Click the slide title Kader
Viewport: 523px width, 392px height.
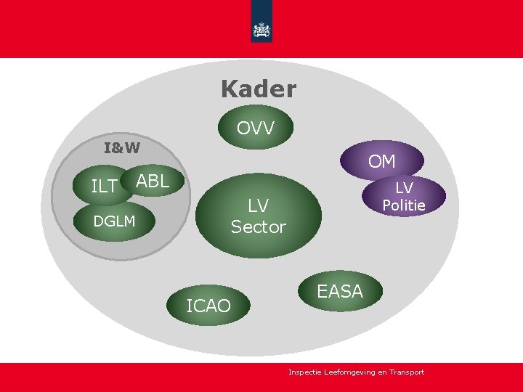[x=259, y=89]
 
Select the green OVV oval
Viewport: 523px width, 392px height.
[x=256, y=128]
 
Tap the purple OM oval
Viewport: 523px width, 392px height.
[x=381, y=161]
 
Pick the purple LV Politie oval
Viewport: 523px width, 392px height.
[x=403, y=197]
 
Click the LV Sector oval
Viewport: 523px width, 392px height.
[x=259, y=216]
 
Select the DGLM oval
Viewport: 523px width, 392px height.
[x=115, y=221]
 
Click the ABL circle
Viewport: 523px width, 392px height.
[x=153, y=181]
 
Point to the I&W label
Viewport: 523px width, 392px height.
[x=122, y=148]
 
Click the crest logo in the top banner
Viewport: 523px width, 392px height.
[x=261, y=30]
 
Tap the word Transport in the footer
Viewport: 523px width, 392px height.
[x=406, y=372]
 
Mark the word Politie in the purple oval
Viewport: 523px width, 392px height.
[x=404, y=205]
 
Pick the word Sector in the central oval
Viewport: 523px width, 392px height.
[x=259, y=227]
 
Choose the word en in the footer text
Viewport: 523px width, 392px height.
[x=382, y=372]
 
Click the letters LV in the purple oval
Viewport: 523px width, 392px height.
[x=404, y=188]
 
